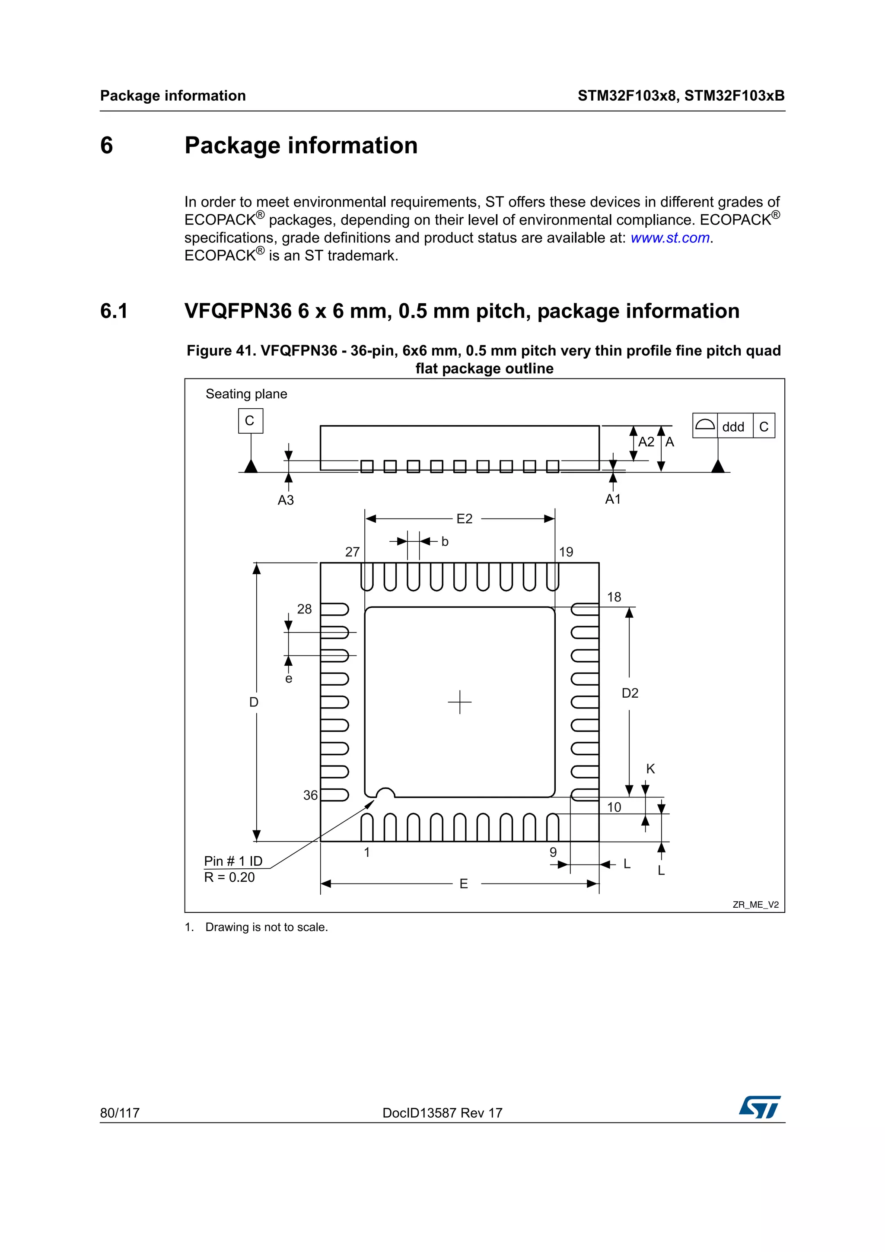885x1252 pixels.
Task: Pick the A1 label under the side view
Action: pos(613,499)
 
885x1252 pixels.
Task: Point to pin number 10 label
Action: pos(614,807)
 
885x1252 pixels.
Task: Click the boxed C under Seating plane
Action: pos(250,420)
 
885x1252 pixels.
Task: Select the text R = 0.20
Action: pos(229,877)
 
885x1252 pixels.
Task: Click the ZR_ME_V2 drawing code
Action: pos(755,905)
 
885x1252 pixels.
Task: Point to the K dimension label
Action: pos(650,769)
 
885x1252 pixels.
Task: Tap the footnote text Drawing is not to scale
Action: pos(266,927)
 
